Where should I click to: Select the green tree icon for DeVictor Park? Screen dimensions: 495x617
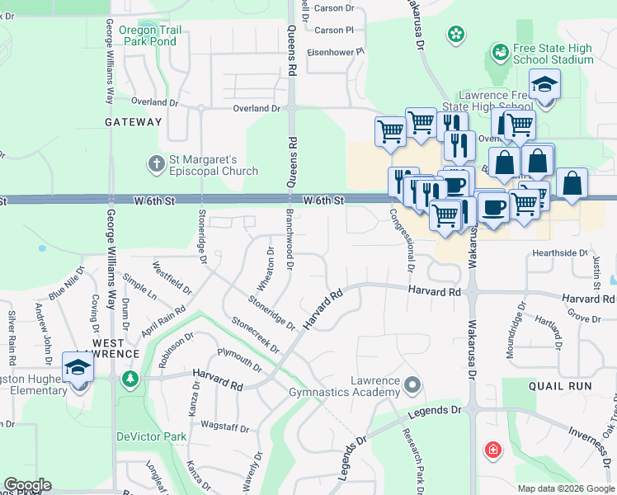pyautogui.click(x=129, y=379)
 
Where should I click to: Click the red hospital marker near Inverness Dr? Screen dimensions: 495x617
pyautogui.click(x=492, y=450)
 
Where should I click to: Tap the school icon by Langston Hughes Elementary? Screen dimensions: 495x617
pyautogui.click(x=78, y=368)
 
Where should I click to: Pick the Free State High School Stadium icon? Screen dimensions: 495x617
pyautogui.click(x=499, y=53)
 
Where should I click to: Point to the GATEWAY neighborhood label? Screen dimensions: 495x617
pyautogui.click(x=134, y=122)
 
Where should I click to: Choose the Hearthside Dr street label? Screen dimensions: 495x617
pyautogui.click(x=559, y=253)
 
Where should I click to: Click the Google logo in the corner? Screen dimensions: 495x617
pyautogui.click(x=27, y=485)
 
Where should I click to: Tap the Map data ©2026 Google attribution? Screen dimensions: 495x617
pyautogui.click(x=564, y=488)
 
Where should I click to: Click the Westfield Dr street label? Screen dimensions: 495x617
pyautogui.click(x=172, y=279)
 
